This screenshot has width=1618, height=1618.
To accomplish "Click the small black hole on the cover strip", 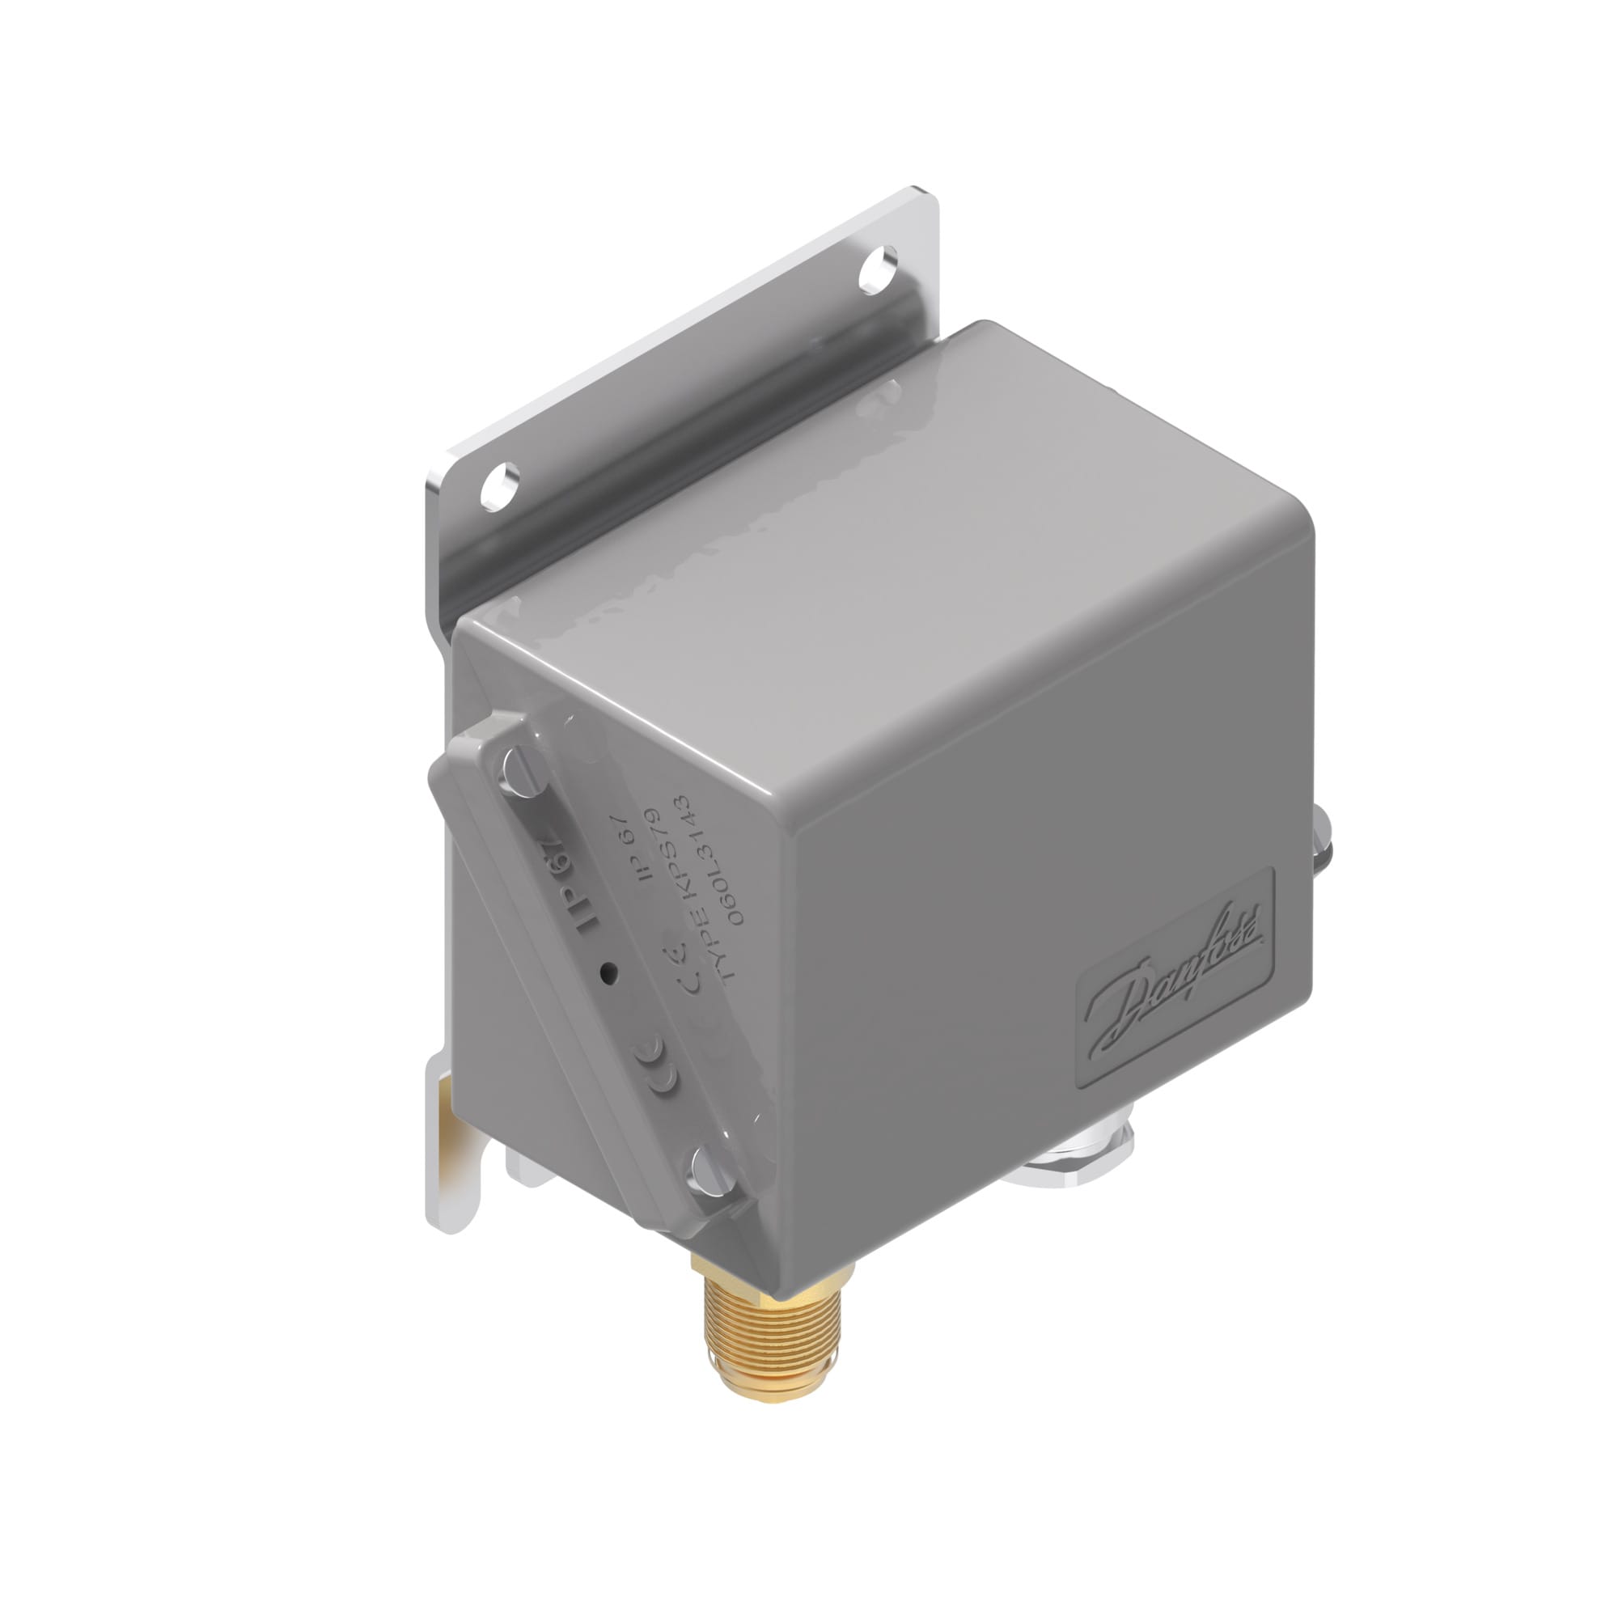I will [609, 972].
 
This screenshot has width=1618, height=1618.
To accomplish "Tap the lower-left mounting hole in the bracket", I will [499, 486].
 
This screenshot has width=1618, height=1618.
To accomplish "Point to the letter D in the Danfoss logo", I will [1122, 1005].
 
